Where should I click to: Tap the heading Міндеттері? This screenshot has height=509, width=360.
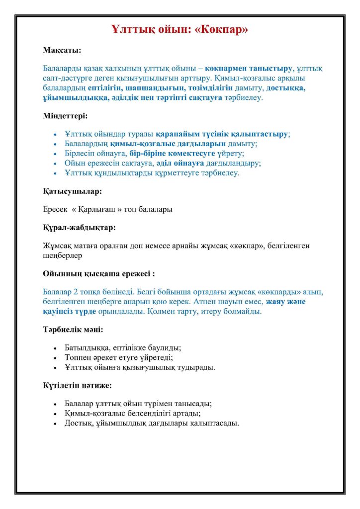[x=65, y=116]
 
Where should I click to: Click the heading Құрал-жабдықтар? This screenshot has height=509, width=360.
[x=79, y=227]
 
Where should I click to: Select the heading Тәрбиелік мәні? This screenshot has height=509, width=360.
[x=73, y=329]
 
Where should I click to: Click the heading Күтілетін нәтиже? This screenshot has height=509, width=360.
[x=77, y=385]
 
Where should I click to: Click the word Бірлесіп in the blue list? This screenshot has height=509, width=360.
[x=80, y=153]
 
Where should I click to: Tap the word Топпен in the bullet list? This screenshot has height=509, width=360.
[x=78, y=357]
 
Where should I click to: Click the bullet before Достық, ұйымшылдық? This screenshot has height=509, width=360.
[x=55, y=424]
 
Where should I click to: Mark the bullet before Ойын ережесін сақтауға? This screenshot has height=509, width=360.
[x=55, y=163]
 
